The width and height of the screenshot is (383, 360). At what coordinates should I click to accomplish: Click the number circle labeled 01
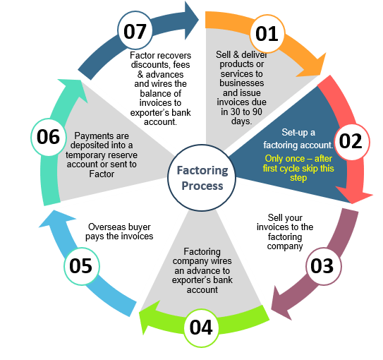coord(267,34)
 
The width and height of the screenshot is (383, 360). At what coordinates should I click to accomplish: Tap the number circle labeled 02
coord(352,142)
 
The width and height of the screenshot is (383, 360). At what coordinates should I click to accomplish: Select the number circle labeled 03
coord(324,266)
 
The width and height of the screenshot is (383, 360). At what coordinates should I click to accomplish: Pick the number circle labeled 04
coord(201,328)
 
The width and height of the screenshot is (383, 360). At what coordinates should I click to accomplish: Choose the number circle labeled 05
coord(82,266)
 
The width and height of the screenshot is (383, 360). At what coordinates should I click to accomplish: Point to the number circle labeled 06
coord(49,137)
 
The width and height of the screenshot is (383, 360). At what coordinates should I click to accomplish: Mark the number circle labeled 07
coord(135,30)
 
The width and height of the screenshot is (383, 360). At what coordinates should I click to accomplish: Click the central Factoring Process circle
coord(202,178)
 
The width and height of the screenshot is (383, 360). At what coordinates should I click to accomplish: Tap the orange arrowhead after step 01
coord(312,66)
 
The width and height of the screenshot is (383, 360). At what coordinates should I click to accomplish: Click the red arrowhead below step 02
coord(353,195)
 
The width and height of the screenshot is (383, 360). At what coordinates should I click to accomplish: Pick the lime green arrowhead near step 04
coord(149,318)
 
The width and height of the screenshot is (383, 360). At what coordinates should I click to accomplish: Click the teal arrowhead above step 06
coord(73,89)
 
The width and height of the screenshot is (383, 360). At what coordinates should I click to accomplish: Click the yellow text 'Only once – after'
coord(298,159)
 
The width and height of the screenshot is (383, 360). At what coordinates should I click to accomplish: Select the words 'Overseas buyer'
coord(119,227)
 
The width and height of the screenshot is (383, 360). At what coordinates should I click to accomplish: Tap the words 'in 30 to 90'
coord(241,112)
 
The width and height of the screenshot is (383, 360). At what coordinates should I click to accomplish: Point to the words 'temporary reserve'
coord(102,155)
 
